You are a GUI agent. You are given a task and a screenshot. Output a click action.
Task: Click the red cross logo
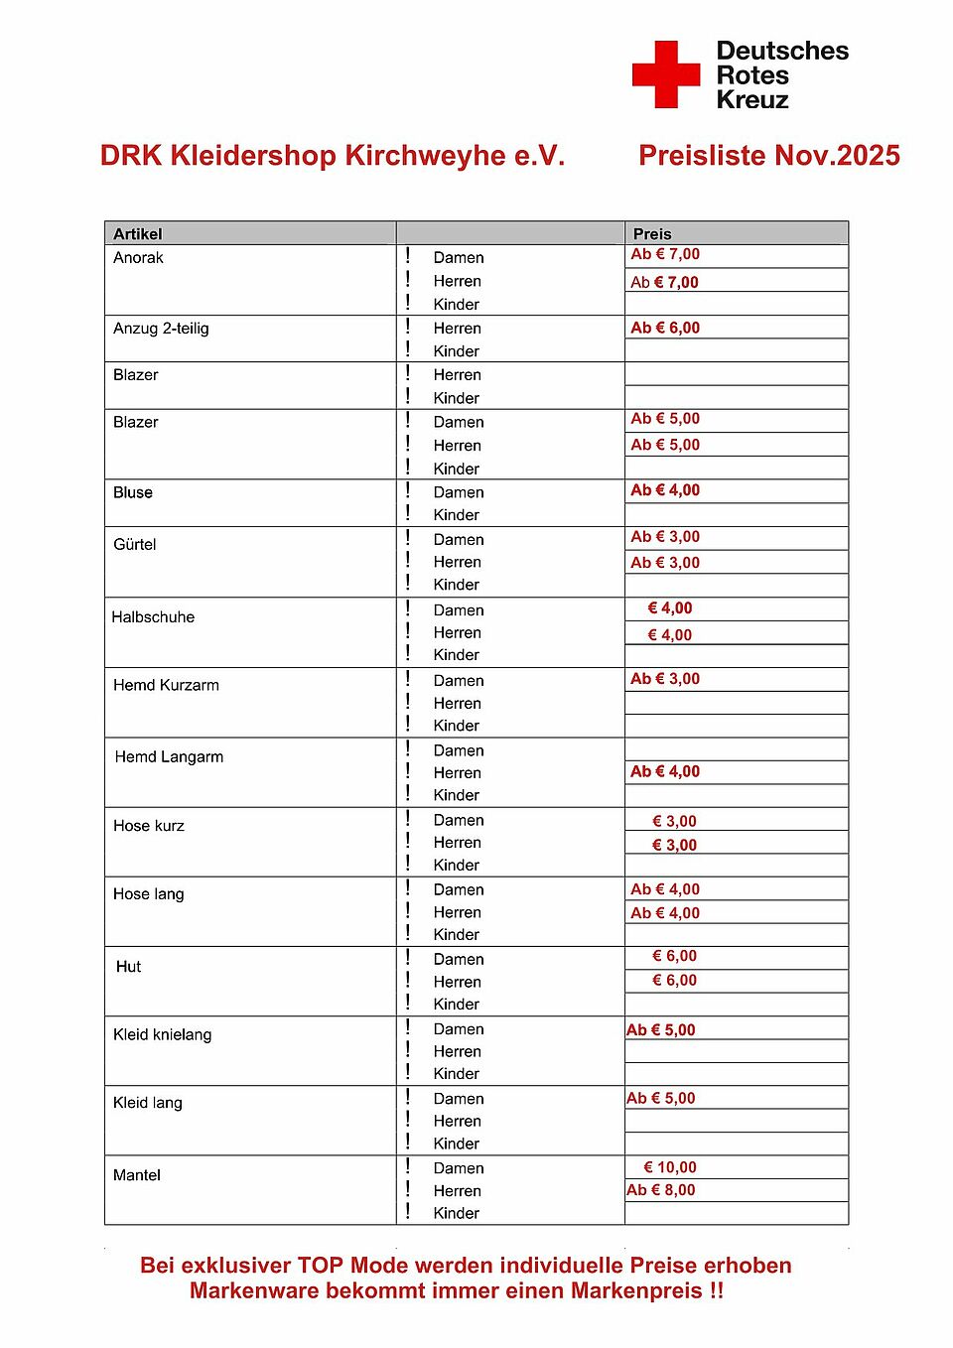point(666,74)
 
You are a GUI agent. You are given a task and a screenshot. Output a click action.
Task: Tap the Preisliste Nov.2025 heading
point(768,156)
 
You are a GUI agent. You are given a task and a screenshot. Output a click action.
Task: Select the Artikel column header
point(138,234)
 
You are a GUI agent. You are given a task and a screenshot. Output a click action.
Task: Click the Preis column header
point(652,234)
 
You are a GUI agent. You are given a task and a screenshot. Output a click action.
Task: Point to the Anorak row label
point(138,258)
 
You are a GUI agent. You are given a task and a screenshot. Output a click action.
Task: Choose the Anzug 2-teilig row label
point(161,329)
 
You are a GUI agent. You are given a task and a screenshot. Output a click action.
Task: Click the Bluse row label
point(133,492)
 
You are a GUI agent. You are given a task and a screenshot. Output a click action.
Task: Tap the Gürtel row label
point(135,544)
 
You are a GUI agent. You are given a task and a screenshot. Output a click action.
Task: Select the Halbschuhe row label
point(153,617)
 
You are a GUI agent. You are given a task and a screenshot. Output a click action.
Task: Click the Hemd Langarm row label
point(169,756)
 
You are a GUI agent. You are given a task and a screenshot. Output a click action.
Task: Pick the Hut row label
point(128,967)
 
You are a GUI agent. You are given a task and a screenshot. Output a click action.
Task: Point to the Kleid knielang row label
point(162,1034)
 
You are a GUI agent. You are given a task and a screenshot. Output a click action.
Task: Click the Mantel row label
point(137,1175)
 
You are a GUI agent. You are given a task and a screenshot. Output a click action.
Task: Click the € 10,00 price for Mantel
point(670,1167)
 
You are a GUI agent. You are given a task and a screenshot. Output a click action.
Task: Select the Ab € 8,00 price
point(661,1190)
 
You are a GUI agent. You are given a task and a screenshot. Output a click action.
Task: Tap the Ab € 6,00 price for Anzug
point(665,328)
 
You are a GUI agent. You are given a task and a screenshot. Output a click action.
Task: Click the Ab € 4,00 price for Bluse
point(665,490)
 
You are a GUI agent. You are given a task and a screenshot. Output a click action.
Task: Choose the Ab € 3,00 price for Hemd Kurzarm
point(665,679)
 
